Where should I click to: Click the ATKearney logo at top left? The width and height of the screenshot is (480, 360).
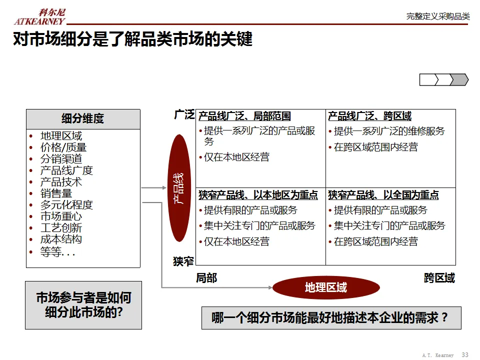point(39,16)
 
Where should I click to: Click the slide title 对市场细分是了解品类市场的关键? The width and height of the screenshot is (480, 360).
point(132,39)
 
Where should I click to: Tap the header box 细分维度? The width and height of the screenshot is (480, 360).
point(83,119)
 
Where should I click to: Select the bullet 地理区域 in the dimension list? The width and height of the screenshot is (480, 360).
point(61,136)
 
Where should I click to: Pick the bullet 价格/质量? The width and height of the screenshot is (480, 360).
point(63,147)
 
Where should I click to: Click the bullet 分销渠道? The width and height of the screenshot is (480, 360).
point(61,159)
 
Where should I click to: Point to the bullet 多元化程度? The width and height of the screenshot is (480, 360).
point(66,205)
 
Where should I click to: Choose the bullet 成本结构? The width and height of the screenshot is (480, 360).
point(61,239)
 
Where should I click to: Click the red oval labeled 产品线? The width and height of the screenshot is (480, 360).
point(179,188)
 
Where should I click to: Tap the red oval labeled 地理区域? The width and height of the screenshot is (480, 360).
point(325,287)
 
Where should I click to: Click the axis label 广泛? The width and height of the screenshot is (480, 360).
point(183,115)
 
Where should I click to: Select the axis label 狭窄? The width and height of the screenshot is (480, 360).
point(183,261)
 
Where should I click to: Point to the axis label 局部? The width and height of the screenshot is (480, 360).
point(206,278)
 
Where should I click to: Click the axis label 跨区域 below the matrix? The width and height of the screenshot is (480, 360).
point(439,278)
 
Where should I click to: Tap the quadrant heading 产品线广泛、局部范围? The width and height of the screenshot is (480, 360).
point(244,116)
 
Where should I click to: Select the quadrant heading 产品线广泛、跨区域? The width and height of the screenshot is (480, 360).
point(369,116)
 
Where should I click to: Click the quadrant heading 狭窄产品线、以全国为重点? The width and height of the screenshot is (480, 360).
point(383,195)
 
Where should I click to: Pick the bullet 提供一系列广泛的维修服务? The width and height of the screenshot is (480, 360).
point(389,131)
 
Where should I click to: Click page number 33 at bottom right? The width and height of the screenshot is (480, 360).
point(465,354)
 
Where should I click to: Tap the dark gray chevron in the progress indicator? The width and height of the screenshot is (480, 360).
point(459,79)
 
